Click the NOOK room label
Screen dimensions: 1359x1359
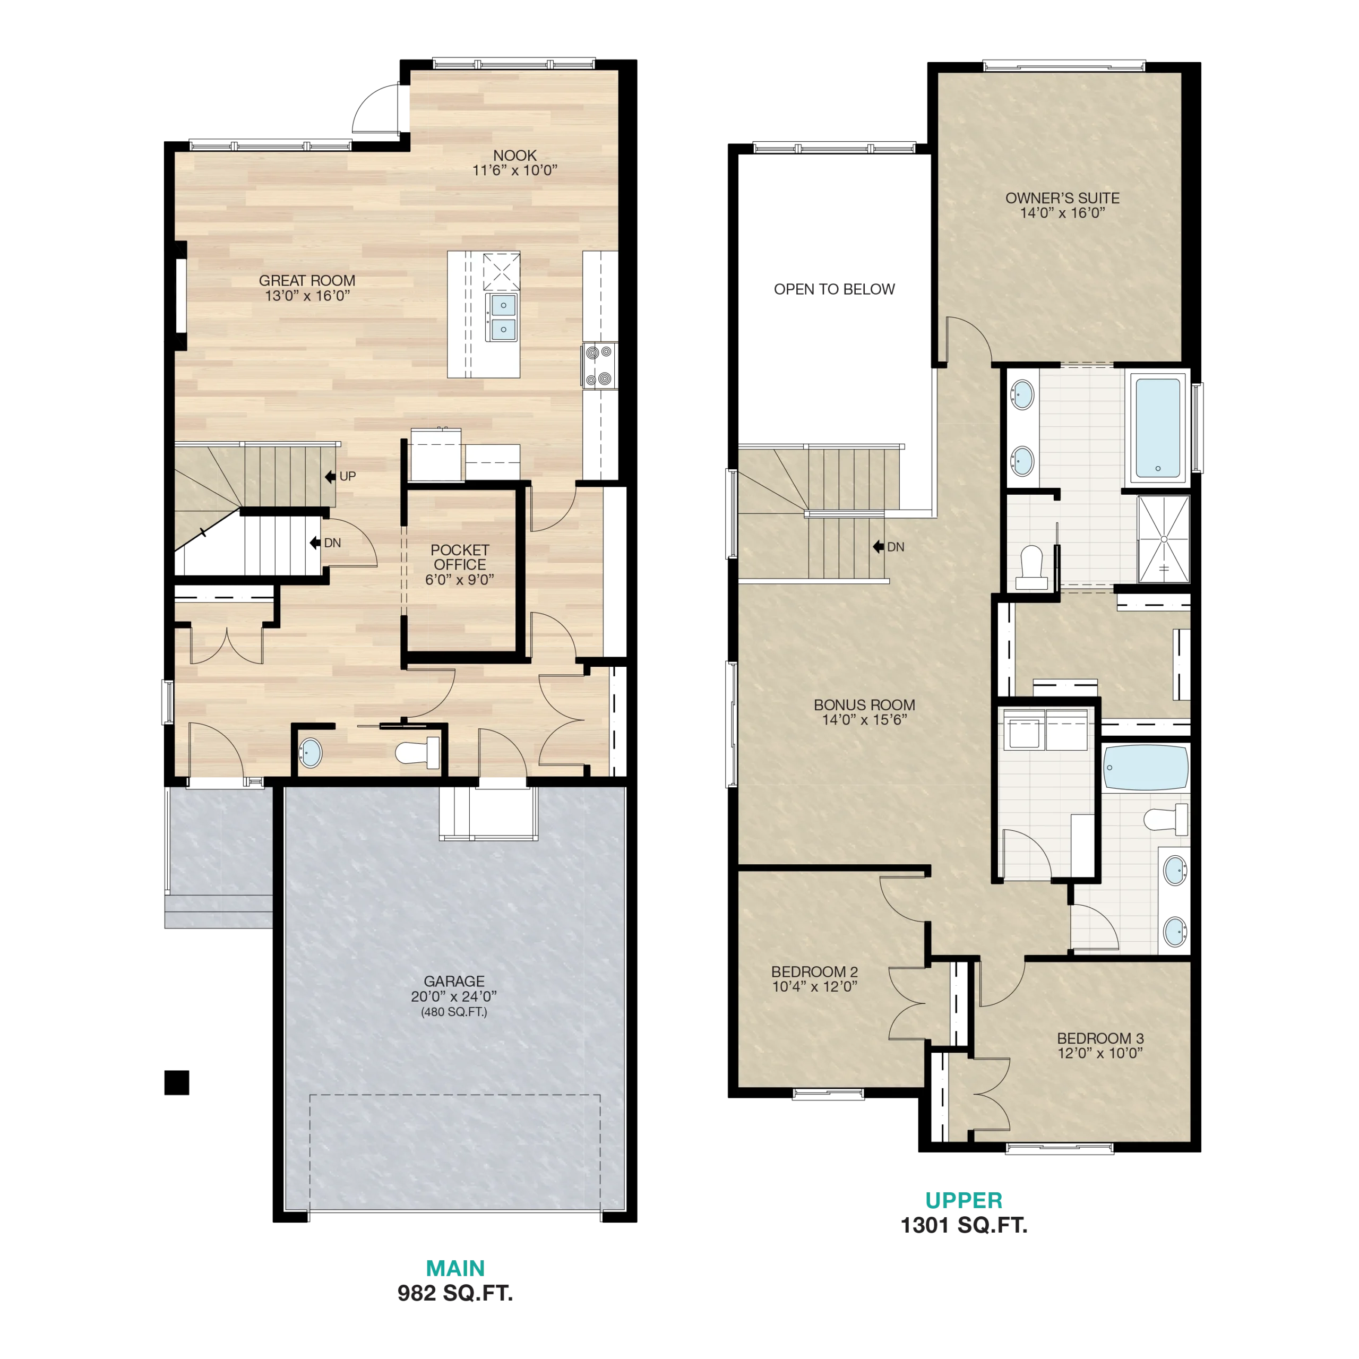pos(514,156)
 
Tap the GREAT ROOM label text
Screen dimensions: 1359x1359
pos(307,281)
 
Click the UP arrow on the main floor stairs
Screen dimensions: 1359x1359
pos(330,477)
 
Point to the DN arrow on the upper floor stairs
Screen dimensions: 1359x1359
pos(878,547)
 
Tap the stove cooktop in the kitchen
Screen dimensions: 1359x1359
pos(599,366)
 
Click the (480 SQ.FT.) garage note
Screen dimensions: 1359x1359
pos(454,1012)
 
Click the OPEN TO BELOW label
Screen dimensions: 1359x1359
pos(835,289)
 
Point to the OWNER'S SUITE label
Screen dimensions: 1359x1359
pos(1062,199)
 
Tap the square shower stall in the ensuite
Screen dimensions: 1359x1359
pos(1164,539)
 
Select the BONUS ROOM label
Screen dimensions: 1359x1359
pos(864,705)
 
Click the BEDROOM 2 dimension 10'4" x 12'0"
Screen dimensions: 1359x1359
pos(814,986)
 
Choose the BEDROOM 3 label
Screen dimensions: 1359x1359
pos(1100,1038)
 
